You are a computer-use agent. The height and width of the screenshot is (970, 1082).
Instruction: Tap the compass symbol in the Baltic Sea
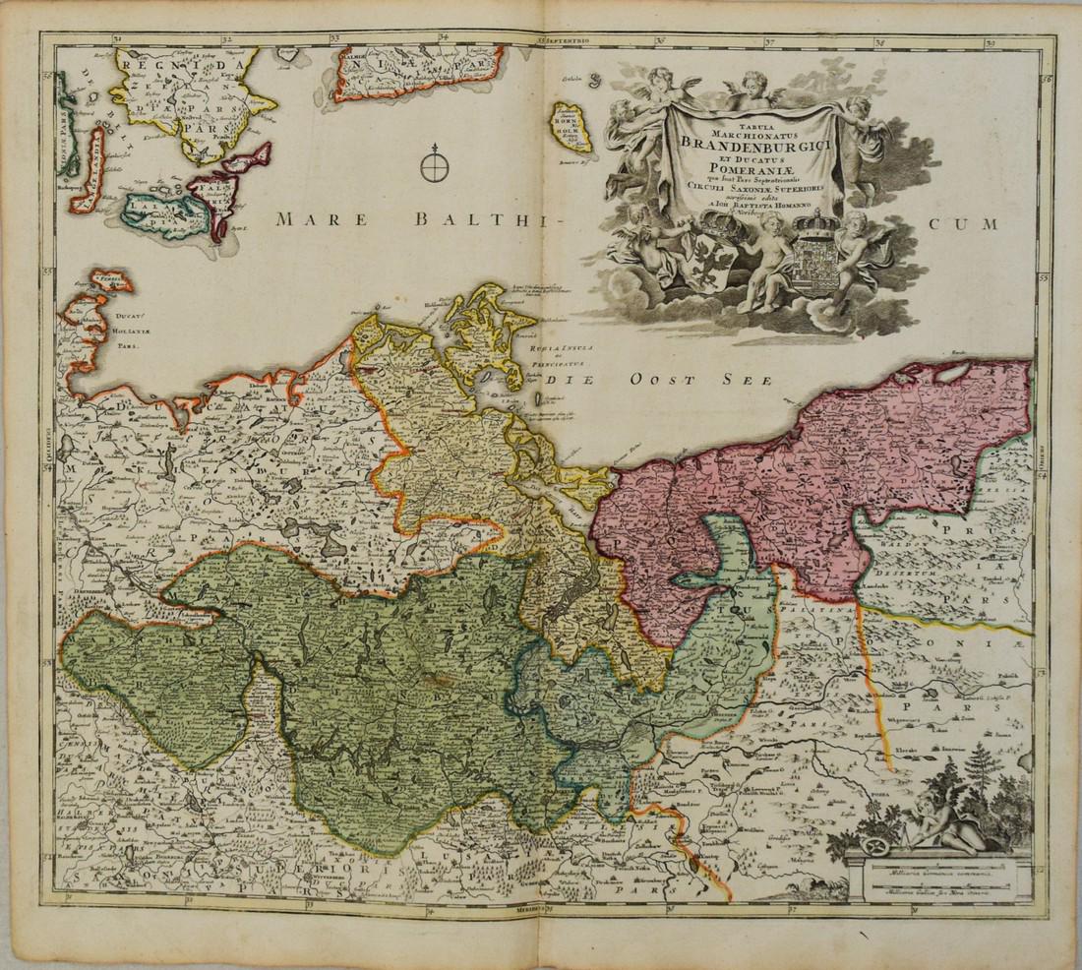coord(435,167)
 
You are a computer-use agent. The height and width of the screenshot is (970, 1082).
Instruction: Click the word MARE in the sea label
coord(307,219)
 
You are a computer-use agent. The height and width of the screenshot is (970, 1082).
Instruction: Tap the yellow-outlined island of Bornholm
coord(570,128)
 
